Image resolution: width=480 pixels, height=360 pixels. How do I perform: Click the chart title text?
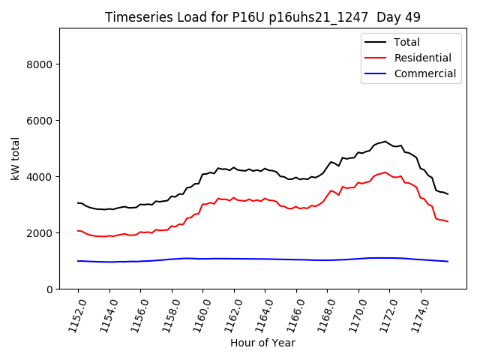(x=262, y=17)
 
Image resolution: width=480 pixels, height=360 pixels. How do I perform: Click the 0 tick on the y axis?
(x=50, y=289)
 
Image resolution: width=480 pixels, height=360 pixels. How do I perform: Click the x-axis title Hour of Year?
(x=262, y=343)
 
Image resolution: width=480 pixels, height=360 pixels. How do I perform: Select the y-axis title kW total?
(x=15, y=159)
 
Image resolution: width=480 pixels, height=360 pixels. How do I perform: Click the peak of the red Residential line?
(x=385, y=172)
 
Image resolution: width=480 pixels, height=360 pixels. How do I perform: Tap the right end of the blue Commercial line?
(x=448, y=261)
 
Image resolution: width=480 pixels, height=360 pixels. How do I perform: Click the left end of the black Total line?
(x=78, y=202)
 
